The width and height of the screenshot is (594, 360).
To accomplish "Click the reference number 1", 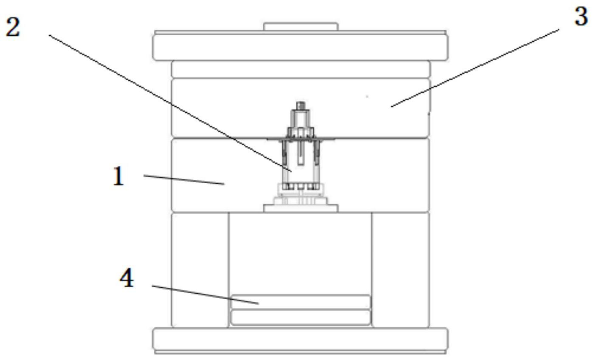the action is (118, 176).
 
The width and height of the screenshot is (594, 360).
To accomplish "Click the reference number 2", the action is (13, 27).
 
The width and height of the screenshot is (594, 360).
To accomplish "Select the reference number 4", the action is (127, 278).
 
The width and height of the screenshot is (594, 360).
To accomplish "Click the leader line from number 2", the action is (170, 103).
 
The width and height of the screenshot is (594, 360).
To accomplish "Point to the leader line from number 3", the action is (475, 68).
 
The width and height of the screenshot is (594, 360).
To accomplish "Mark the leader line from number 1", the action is (184, 180).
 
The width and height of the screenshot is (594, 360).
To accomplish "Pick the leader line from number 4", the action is (205, 295).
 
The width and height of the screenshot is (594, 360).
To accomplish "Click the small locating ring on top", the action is (301, 26).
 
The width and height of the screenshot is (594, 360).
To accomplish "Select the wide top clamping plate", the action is (300, 48).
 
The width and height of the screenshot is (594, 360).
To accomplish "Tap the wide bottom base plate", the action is (300, 339).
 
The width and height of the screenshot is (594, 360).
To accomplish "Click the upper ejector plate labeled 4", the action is (300, 302).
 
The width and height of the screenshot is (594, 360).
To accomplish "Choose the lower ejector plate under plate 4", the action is (300, 317).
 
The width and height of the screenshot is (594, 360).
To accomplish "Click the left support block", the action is (200, 270).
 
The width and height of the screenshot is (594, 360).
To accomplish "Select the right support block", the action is (400, 270).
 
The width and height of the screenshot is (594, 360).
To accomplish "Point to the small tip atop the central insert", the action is (300, 105).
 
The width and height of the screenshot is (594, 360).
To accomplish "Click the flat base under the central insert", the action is (301, 208).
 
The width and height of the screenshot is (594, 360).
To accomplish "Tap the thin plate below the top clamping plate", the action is (300, 70).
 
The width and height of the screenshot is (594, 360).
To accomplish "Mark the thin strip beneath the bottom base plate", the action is (300, 352).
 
